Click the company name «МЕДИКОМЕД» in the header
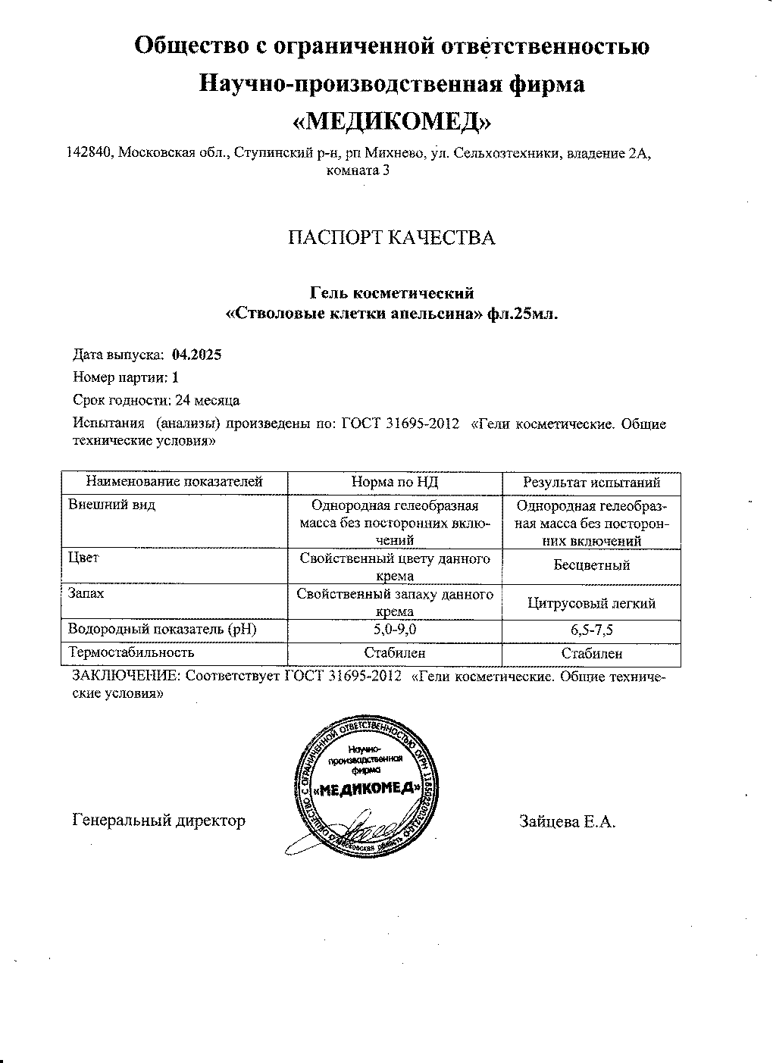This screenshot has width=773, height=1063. [391, 120]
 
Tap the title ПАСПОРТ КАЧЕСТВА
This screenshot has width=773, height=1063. [391, 238]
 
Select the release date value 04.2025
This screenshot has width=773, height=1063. [197, 354]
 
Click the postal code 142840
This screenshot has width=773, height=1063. [90, 153]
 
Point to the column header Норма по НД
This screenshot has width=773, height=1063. [395, 482]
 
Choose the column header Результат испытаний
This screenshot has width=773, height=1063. [592, 483]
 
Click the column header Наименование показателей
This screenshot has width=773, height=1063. [174, 481]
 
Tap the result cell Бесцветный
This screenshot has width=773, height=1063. [592, 565]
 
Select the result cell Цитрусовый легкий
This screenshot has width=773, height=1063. [592, 603]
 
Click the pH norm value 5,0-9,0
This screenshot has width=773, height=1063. [395, 629]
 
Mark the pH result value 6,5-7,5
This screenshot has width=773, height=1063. [592, 630]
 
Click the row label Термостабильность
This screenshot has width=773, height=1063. [132, 652]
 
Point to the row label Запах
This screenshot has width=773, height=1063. [86, 593]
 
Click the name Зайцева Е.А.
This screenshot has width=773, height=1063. [567, 821]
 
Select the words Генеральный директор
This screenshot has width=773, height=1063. [159, 821]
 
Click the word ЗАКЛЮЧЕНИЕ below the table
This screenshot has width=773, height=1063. [126, 677]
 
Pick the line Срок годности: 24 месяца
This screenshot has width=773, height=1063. [156, 400]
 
